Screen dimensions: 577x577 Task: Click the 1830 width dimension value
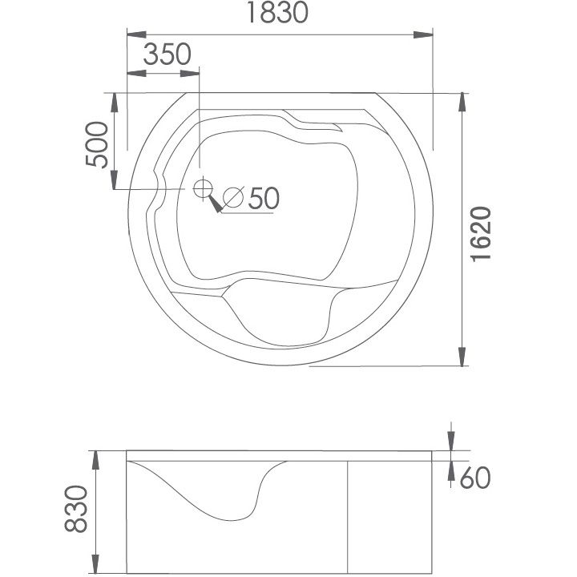(x=277, y=12)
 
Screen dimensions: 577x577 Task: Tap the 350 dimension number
(x=167, y=54)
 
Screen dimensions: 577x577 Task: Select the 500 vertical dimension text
(x=97, y=144)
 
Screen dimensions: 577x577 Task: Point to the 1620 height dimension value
(x=481, y=234)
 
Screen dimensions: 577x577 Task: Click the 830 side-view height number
(x=76, y=509)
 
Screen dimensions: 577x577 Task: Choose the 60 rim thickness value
(x=475, y=478)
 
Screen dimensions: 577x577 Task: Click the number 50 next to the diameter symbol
(x=264, y=199)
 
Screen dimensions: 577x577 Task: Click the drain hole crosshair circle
(x=203, y=188)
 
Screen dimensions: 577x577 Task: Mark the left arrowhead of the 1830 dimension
(x=136, y=35)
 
